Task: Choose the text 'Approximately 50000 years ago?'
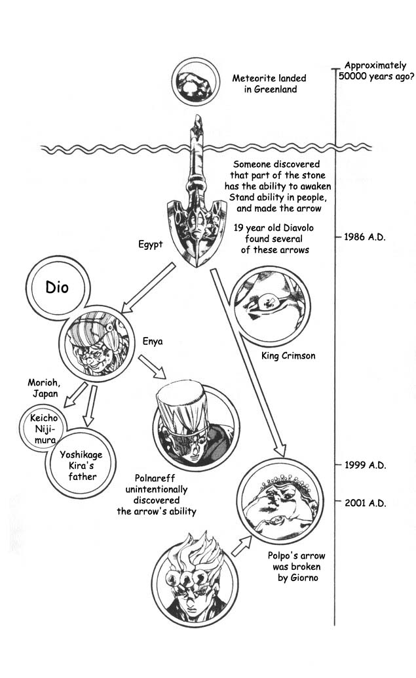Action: coord(375,71)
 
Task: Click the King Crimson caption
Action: coord(288,356)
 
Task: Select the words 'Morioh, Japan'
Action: coord(43,388)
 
